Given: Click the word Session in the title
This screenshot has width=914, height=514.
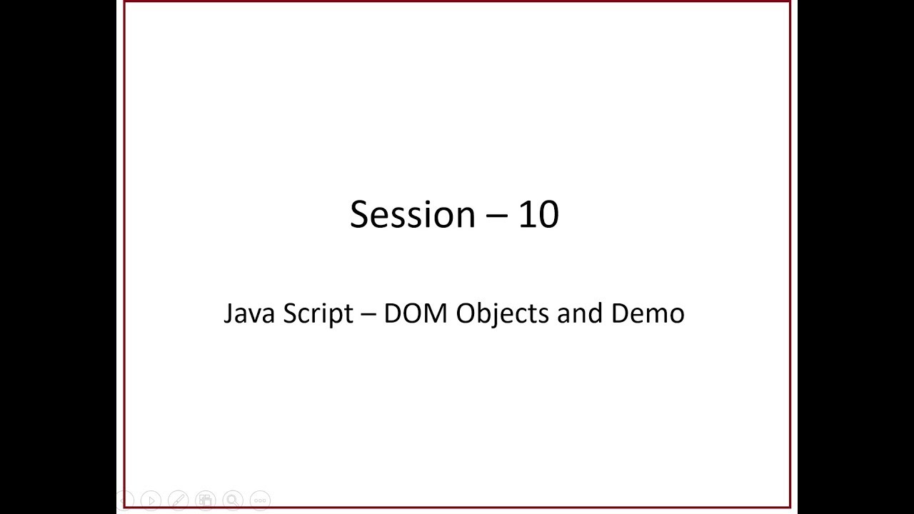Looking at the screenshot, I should pyautogui.click(x=412, y=214).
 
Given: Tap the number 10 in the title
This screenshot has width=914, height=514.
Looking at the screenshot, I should pyautogui.click(x=538, y=214).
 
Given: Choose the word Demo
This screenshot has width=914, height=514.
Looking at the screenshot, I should pyautogui.click(x=648, y=313).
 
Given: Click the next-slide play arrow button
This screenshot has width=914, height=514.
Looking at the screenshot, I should pyautogui.click(x=151, y=500).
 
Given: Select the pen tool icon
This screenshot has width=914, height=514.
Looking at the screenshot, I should pyautogui.click(x=179, y=500).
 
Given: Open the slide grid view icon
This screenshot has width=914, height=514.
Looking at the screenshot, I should pyautogui.click(x=206, y=500).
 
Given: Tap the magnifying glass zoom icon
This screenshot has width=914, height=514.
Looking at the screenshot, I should pyautogui.click(x=233, y=500).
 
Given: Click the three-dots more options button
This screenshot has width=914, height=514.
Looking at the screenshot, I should pyautogui.click(x=260, y=500).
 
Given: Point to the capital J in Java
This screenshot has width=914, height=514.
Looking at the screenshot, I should pyautogui.click(x=228, y=313).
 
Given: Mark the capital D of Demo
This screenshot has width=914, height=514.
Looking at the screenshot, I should pyautogui.click(x=620, y=313).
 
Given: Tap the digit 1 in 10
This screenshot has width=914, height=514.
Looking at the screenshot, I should pyautogui.click(x=526, y=214).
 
